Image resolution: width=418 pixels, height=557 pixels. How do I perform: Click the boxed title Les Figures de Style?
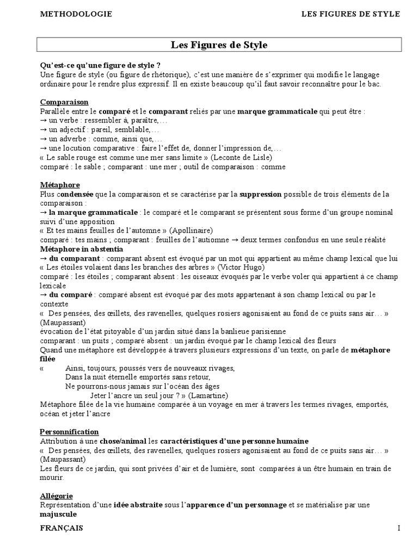219,45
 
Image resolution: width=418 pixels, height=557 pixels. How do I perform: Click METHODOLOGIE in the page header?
76,14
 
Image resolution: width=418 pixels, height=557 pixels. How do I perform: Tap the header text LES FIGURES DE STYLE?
351,14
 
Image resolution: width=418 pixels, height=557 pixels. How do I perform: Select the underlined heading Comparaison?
64,102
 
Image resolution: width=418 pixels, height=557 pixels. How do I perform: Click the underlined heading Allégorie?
56,496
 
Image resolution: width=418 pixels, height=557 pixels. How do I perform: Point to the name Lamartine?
209,395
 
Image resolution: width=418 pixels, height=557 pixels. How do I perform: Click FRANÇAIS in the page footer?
62,528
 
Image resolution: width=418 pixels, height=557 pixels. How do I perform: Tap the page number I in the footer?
398,528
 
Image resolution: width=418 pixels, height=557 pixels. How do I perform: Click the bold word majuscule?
58,514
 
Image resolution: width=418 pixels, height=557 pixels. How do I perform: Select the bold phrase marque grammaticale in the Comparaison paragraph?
278,111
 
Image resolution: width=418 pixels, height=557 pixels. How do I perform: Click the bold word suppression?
260,194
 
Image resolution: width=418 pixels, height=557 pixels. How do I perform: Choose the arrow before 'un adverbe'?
44,139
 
